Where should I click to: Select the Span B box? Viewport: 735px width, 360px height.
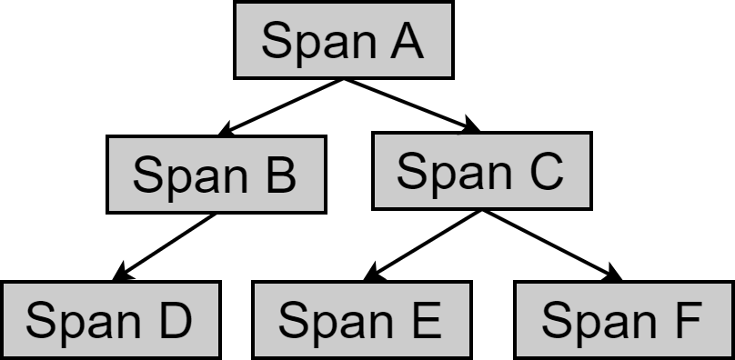click(215, 175)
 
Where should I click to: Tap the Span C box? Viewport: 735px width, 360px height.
click(481, 171)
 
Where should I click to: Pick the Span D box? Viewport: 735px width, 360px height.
click(109, 319)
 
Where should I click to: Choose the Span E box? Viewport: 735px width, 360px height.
click(361, 319)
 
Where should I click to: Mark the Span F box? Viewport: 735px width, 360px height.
click(623, 319)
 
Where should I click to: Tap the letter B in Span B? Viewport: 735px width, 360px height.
click(279, 175)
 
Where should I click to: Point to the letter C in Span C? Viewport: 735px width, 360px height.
click(545, 171)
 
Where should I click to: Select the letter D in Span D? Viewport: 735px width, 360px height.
click(174, 319)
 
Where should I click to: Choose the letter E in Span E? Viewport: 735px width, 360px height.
click(425, 319)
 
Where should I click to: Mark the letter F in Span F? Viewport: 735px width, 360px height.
click(686, 319)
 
